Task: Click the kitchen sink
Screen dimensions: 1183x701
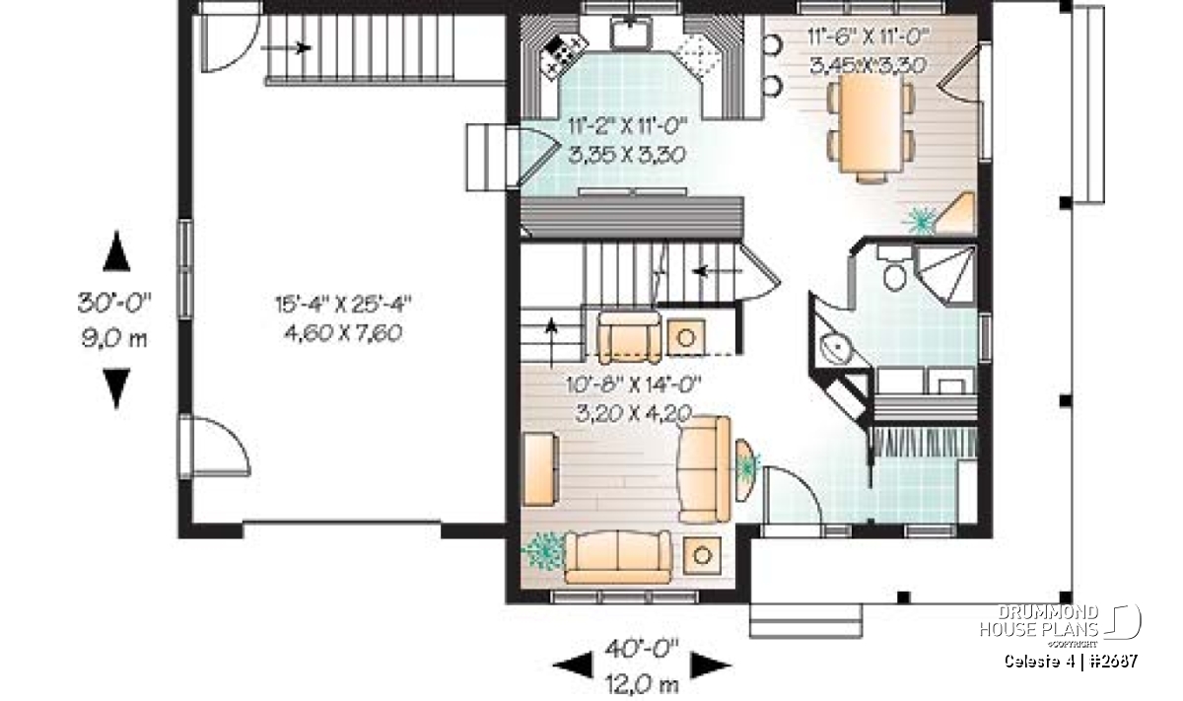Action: tap(632, 33)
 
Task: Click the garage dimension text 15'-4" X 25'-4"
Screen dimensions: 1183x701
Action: tap(343, 305)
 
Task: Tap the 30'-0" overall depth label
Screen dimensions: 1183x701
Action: tap(114, 304)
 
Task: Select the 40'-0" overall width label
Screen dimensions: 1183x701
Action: tap(641, 649)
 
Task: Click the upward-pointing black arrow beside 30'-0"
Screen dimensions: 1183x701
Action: tap(116, 251)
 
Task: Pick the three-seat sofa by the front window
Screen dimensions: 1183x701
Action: tap(618, 557)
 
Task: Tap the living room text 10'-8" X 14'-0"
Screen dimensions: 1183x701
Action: tap(633, 386)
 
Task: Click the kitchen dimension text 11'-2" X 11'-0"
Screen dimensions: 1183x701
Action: tap(627, 127)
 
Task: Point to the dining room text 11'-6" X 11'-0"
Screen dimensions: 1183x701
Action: tap(868, 37)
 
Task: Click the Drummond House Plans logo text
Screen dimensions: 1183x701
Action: tap(1039, 621)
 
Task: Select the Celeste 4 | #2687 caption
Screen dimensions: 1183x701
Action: tap(1071, 661)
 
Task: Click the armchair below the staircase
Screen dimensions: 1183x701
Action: tap(629, 337)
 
